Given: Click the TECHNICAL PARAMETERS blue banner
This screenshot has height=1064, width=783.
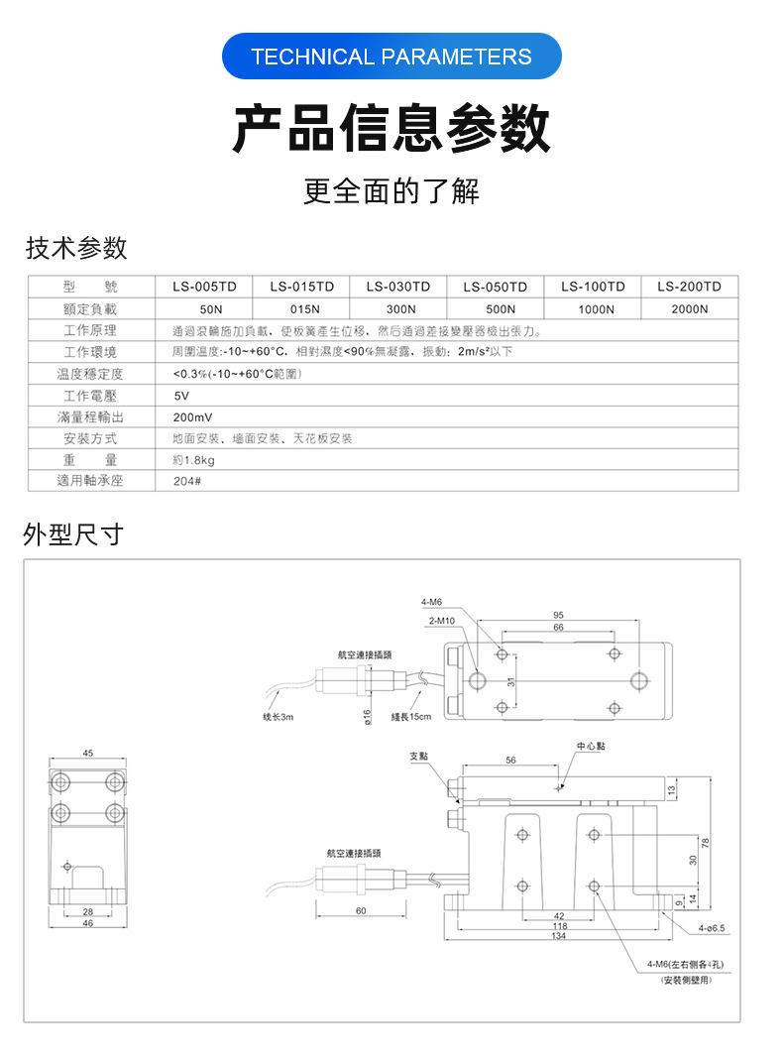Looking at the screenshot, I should (x=391, y=57).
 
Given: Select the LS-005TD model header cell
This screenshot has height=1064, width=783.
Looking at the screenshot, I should (x=204, y=287).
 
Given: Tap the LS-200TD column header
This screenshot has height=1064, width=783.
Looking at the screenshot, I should (x=689, y=287).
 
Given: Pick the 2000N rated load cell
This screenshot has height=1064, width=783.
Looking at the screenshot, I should (x=689, y=308).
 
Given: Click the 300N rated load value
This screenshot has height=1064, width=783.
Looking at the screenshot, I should (x=398, y=308).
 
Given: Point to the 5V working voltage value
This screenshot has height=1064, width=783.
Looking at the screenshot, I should (x=180, y=396).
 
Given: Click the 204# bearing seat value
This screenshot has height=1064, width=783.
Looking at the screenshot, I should (x=186, y=481).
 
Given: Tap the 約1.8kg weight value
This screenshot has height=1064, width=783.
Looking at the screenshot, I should (x=194, y=460).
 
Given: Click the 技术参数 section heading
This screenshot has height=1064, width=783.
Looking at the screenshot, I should (x=76, y=247).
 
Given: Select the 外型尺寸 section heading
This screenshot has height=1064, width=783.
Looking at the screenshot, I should (x=73, y=535).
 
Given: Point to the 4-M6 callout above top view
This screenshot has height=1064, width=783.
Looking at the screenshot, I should (x=431, y=602).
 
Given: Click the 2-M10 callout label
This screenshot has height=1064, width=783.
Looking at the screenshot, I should (x=441, y=621).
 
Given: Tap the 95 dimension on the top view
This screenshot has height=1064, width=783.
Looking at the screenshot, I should (x=559, y=615).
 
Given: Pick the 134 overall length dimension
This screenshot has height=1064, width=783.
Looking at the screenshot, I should (x=559, y=936).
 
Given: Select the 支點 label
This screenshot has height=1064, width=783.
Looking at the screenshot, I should (x=419, y=756).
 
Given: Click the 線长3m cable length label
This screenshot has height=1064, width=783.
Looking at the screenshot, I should (x=279, y=717).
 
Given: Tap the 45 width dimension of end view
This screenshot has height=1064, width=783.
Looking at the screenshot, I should (x=88, y=754).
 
